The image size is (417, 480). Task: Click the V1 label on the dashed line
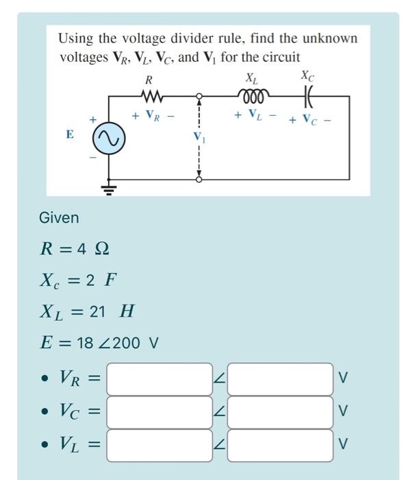coord(199,136)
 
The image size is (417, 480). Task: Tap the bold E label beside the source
coord(70,134)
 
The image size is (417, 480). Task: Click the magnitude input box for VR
coord(160,379)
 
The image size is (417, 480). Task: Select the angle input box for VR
coord(280,379)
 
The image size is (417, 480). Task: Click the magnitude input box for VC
coord(160,412)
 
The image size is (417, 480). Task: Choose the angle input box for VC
coord(280,412)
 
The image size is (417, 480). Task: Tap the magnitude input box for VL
coord(160,446)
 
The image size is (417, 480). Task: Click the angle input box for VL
coord(280,446)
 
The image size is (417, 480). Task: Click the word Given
coord(59,218)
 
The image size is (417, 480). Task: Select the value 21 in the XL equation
coord(97,311)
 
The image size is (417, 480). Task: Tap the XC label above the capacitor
coord(308,75)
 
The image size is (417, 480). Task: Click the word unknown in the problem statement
coord(330,38)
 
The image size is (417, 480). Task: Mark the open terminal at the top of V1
coord(199,96)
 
